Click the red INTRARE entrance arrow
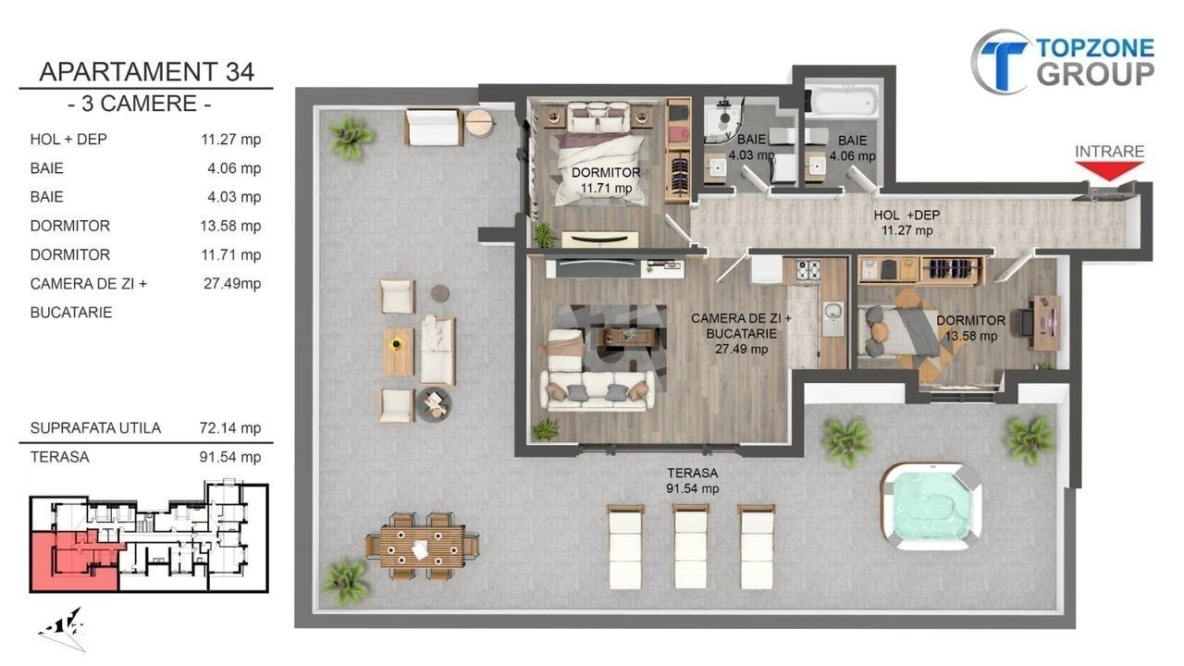[x=1109, y=171]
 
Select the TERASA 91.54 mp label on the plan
[x=693, y=480]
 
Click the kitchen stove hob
[x=808, y=269]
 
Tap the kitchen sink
[x=833, y=317]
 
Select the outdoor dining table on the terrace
[x=422, y=546]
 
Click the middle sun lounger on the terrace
[x=691, y=546]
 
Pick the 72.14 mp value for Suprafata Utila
[x=230, y=427]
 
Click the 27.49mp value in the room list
[x=232, y=284]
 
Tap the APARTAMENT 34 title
[x=146, y=72]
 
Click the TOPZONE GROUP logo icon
[x=1000, y=62]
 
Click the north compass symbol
[x=62, y=628]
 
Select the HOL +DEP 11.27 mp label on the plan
[x=906, y=223]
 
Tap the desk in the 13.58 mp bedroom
[x=1047, y=323]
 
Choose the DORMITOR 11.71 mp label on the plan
[x=606, y=180]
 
